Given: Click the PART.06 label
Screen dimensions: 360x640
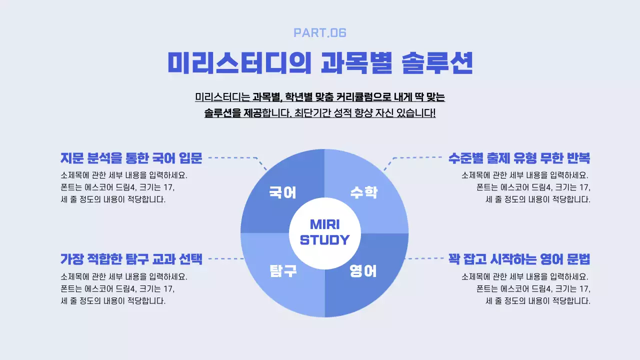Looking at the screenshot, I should click(320, 33).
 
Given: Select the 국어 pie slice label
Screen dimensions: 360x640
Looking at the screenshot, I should click(282, 192).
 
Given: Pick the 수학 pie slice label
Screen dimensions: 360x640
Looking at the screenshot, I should click(363, 192).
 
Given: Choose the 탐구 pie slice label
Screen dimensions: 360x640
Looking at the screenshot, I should click(282, 271).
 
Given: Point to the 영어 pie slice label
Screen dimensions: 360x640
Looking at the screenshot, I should click(363, 271).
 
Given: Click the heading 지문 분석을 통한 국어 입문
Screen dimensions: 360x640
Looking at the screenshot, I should click(131, 158).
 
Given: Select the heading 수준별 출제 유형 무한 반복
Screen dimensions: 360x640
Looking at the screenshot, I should click(519, 158).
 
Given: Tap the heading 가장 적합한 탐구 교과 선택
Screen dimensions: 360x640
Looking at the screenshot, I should click(131, 259).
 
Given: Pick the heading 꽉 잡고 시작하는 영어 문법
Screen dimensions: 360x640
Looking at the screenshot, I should click(519, 259).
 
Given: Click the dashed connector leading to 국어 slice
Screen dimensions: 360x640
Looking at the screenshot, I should click(235, 157).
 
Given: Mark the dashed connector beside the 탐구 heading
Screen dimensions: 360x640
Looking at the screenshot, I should click(225, 259).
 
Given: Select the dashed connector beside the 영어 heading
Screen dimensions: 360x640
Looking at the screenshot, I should click(425, 259).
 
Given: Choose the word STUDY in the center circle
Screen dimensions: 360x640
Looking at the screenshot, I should click(324, 240).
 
